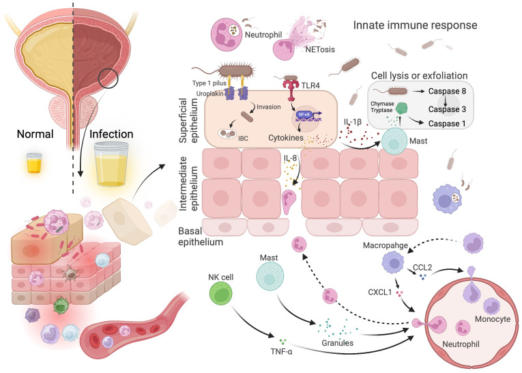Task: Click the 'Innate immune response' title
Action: [x=415, y=25]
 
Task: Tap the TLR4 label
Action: [x=310, y=85]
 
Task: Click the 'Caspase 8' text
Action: [x=447, y=91]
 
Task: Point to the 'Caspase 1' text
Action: [x=447, y=124]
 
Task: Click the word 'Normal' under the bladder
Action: [x=35, y=134]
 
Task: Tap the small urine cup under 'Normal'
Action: [x=34, y=163]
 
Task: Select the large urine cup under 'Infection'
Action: [x=111, y=164]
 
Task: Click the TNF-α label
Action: [x=282, y=351]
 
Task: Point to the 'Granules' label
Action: [x=337, y=343]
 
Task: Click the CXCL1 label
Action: [x=380, y=292]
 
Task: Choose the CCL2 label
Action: [x=422, y=267]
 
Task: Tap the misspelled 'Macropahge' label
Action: [x=385, y=246]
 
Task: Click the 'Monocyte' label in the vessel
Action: [x=493, y=319]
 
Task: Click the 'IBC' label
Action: [x=243, y=138]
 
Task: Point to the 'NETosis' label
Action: [x=320, y=50]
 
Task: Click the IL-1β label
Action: [x=353, y=122]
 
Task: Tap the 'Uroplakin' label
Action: [x=209, y=94]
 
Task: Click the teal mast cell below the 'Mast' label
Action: [x=270, y=276]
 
